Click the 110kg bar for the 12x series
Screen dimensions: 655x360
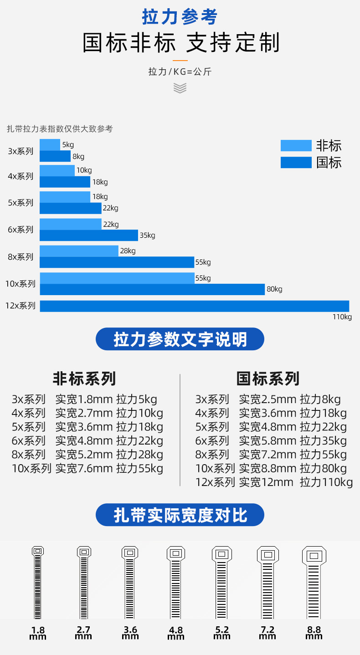194,306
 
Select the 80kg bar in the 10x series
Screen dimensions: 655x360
152,290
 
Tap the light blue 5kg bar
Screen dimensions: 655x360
50,144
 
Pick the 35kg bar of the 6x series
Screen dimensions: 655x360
89,235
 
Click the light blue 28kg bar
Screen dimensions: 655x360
79,251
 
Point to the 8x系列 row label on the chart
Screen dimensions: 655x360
21,257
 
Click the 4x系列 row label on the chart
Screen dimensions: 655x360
21,176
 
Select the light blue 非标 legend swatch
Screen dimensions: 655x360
296,146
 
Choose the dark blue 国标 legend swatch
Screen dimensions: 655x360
296,163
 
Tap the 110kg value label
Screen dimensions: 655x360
342,317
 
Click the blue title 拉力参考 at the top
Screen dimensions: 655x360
180,17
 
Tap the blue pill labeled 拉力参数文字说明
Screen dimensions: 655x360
180,339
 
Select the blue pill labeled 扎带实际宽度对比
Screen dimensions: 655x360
180,515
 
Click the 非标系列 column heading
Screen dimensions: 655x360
84,379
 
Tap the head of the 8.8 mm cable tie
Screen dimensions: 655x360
314,556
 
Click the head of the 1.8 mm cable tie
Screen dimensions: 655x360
38,551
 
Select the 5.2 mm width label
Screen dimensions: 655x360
222,633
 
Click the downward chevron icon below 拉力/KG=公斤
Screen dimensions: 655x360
180,88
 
